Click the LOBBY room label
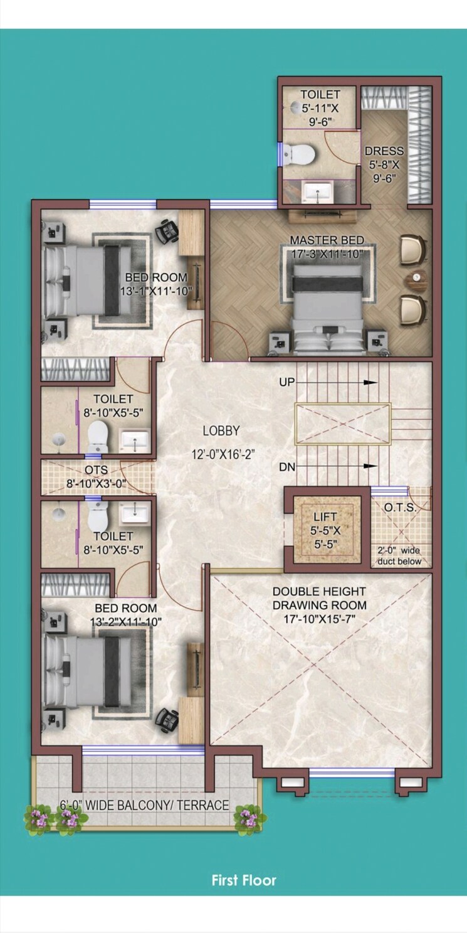(x=221, y=431)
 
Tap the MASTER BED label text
(x=327, y=240)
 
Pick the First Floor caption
(x=244, y=880)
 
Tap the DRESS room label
(x=384, y=151)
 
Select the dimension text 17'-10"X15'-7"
(x=319, y=619)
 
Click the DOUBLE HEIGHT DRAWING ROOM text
(x=319, y=598)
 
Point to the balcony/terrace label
(x=144, y=805)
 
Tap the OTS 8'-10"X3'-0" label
(x=96, y=476)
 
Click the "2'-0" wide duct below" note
(x=400, y=556)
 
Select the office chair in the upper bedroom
(x=167, y=232)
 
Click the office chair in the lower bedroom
(x=167, y=716)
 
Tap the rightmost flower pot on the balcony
(x=246, y=818)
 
